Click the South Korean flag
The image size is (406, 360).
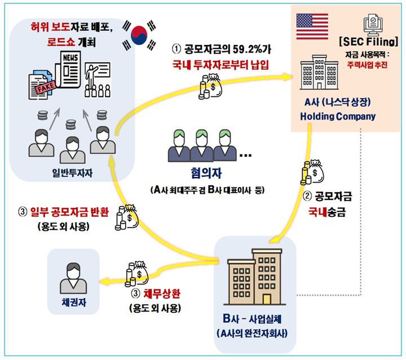[x=138, y=34]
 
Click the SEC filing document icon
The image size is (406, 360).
[x=374, y=24]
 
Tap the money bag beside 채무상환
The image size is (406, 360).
[x=135, y=272]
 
